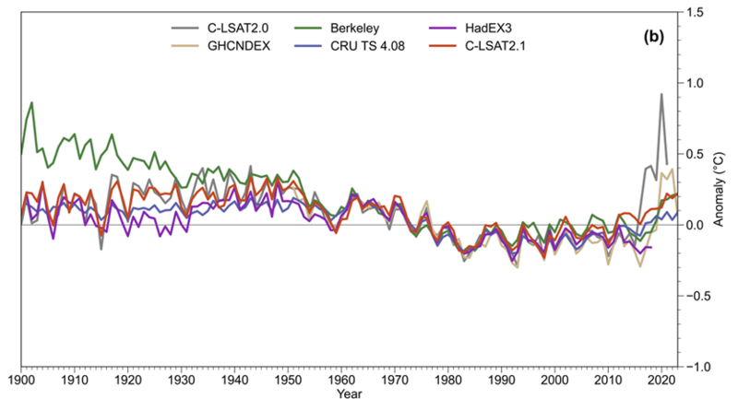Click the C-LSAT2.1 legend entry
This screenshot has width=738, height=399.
[502, 43]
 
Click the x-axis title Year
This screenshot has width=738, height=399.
[349, 394]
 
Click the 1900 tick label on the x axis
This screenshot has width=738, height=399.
[21, 380]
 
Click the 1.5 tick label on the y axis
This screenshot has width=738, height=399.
[695, 12]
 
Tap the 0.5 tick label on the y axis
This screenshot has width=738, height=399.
[695, 154]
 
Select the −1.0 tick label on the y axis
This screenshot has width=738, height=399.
[692, 367]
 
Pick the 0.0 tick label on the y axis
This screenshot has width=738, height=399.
[695, 225]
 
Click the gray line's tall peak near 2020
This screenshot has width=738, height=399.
[661, 94]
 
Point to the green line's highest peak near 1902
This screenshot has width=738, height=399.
[32, 102]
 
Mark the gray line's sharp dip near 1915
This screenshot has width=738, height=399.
[101, 249]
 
